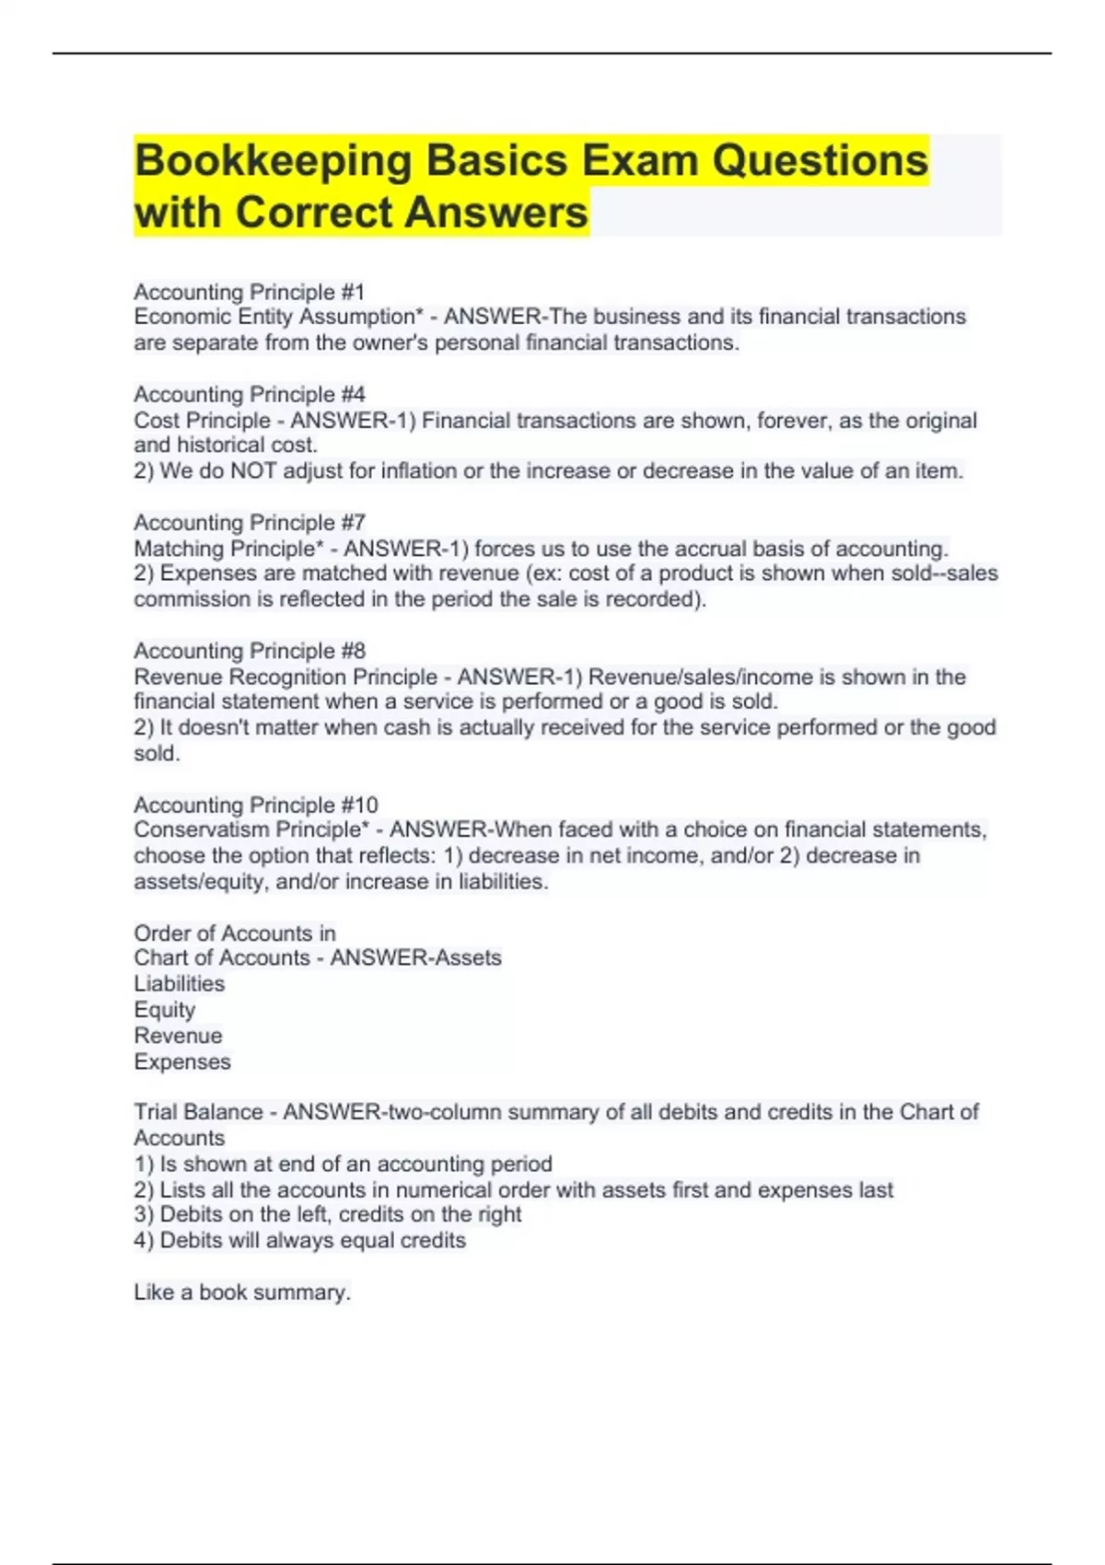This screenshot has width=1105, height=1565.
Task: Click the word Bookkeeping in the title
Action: (x=273, y=161)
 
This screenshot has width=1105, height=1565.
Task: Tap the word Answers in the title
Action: (x=495, y=213)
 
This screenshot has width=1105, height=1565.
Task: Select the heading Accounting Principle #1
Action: (x=249, y=292)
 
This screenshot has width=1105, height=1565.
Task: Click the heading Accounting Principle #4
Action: (x=249, y=395)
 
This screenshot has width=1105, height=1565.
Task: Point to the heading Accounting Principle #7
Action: (x=249, y=523)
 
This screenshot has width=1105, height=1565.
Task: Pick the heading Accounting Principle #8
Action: (x=249, y=651)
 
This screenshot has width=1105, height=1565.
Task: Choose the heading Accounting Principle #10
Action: (x=255, y=805)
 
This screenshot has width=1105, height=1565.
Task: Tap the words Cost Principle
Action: (x=202, y=421)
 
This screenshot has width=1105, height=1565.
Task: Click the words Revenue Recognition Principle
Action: (x=285, y=677)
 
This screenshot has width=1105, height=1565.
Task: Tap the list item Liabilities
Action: (x=179, y=984)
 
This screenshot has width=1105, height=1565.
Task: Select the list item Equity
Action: (x=164, y=1010)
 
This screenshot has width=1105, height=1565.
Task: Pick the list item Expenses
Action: (x=181, y=1061)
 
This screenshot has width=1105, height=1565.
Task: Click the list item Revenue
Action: (x=178, y=1036)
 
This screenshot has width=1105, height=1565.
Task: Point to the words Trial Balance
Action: (x=197, y=1112)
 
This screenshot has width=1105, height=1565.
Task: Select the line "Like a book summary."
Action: (x=241, y=1293)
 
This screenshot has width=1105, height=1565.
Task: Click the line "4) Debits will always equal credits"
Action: (x=299, y=1241)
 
